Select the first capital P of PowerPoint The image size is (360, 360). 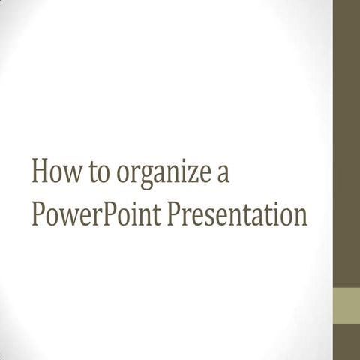39,214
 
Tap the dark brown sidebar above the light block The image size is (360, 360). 346,142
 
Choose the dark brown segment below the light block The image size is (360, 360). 346,342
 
